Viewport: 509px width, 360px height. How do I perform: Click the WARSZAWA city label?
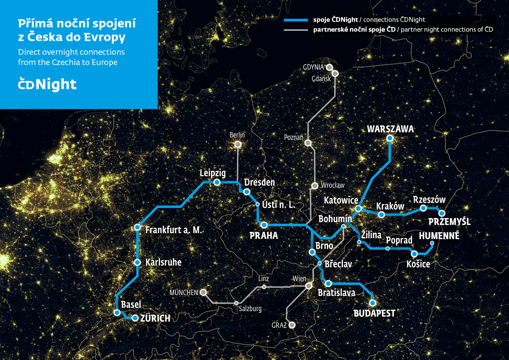click(390, 129)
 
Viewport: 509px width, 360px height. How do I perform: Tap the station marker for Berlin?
click(238, 145)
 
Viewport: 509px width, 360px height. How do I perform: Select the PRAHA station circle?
click(264, 225)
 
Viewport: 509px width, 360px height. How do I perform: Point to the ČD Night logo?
click(47, 84)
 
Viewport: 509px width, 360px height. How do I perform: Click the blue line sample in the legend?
click(296, 20)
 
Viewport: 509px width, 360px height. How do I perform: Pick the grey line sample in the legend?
click(296, 30)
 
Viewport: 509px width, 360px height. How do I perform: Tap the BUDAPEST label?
click(374, 314)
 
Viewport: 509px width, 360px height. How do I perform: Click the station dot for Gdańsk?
click(335, 74)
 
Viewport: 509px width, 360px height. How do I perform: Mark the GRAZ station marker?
click(292, 325)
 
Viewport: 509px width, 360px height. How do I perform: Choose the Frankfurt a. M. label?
click(173, 230)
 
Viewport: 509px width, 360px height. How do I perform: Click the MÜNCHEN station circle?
click(204, 292)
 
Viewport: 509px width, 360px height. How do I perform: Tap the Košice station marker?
click(414, 254)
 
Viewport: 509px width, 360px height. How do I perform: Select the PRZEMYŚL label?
click(449, 222)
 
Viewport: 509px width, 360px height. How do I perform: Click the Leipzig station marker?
click(217, 182)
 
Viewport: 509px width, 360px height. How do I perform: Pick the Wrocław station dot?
click(315, 186)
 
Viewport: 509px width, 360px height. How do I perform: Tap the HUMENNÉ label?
click(439, 236)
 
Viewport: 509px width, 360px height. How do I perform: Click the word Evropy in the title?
click(106, 37)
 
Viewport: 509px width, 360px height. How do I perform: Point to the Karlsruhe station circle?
click(137, 262)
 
